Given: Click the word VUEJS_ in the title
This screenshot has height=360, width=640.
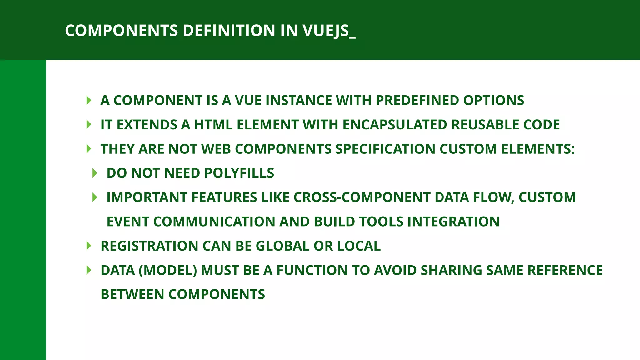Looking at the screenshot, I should (x=329, y=31).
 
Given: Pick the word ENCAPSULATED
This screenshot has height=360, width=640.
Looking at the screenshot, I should (x=395, y=125).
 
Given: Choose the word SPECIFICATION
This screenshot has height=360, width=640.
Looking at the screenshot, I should (x=385, y=149).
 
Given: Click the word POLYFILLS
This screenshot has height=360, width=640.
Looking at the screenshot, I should (x=239, y=173).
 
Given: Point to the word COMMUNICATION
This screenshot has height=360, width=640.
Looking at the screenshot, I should (x=214, y=222).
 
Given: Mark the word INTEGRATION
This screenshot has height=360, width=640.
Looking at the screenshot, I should (x=453, y=222).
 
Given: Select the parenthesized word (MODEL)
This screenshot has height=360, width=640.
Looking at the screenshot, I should (x=167, y=271).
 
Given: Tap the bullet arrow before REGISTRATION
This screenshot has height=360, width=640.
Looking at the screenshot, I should (x=89, y=246).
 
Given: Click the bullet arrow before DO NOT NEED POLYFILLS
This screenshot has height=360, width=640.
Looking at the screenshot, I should (x=95, y=173).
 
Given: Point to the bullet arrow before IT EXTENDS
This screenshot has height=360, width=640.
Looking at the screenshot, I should (x=89, y=125).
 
